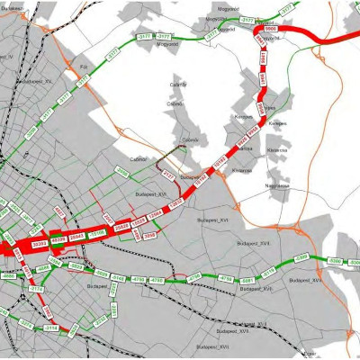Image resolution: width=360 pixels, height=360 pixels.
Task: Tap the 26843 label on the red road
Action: click(77, 236)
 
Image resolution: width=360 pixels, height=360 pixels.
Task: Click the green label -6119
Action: click(268, 269)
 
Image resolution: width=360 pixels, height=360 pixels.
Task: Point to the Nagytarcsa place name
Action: click(278, 185)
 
